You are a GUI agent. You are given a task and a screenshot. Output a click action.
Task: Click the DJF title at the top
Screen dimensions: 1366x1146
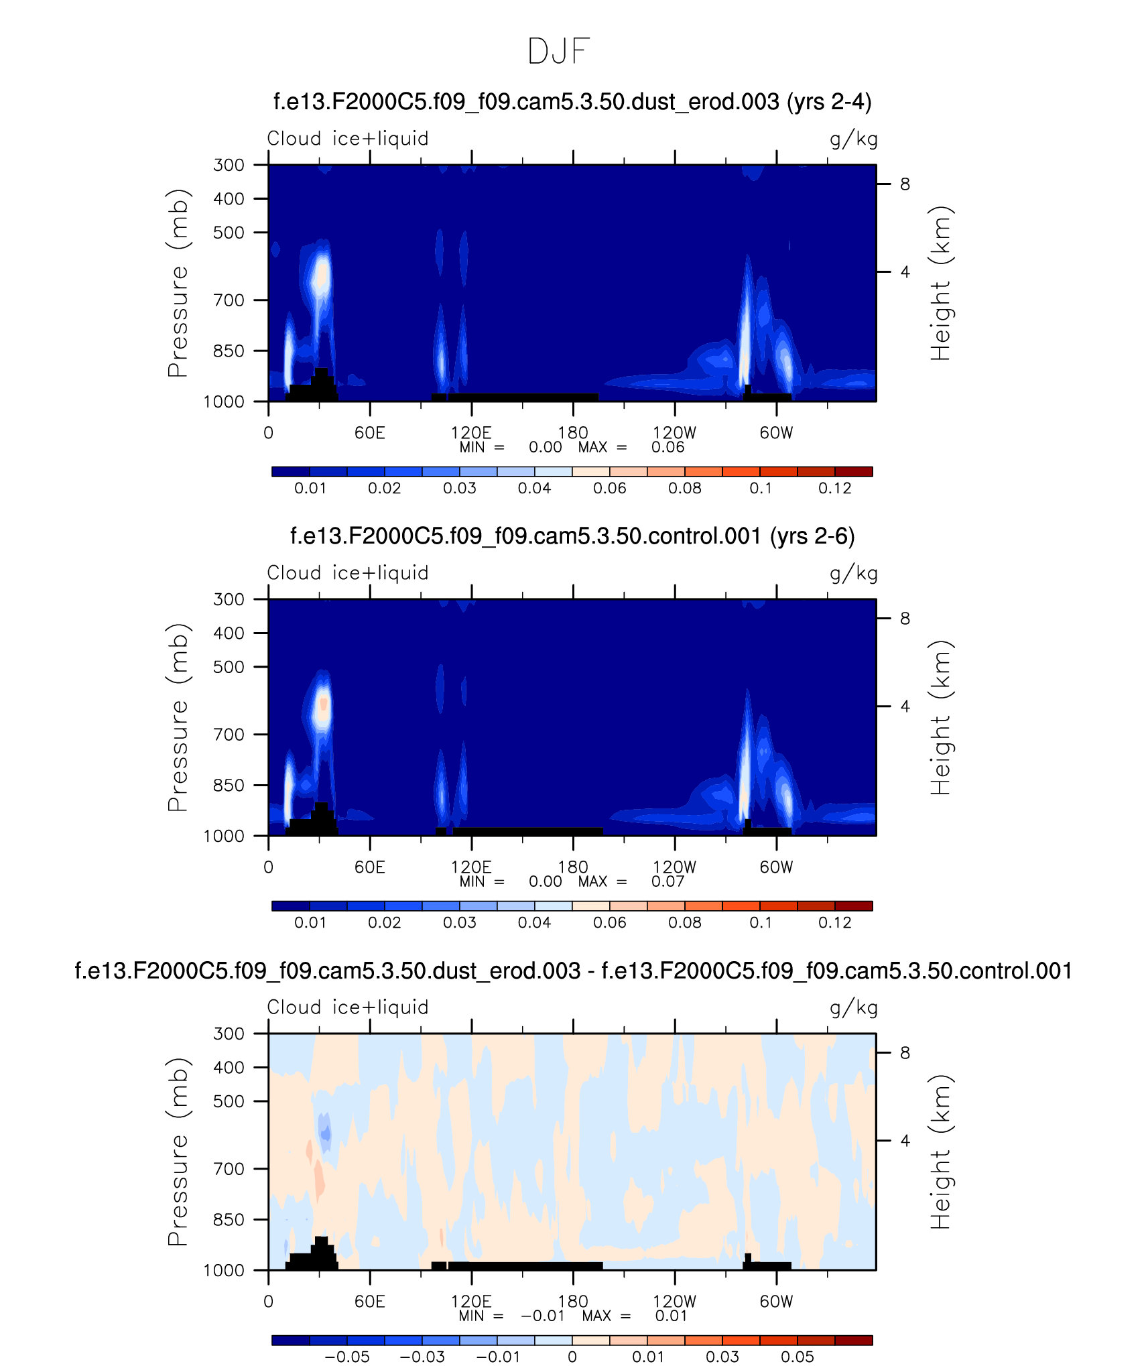coord(558,52)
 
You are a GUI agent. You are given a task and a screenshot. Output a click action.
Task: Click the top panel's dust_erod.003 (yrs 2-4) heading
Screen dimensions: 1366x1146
coord(572,102)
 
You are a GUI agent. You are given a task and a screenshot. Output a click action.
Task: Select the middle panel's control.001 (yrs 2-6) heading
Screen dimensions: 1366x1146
coord(572,536)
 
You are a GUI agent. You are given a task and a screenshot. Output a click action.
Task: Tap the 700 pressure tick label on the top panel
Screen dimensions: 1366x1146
coord(229,300)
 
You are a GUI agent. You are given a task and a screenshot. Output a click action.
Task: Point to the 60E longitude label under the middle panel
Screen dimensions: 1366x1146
coord(370,867)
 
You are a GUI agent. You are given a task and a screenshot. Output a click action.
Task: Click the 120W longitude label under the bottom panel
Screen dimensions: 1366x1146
coord(674,1302)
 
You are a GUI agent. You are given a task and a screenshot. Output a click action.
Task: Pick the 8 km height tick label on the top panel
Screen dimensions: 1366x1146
coord(905,184)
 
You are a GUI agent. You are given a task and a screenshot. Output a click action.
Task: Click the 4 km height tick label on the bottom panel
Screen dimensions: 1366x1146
coord(905,1141)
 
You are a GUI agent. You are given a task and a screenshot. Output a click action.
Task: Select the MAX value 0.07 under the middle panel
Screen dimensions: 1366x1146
coord(667,882)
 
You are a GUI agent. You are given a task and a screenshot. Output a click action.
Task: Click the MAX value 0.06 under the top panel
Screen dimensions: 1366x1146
coord(667,448)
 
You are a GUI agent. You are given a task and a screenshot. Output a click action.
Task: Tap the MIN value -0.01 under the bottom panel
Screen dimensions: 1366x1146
coord(543,1316)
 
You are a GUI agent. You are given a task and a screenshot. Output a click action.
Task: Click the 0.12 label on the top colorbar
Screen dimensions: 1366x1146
coord(834,489)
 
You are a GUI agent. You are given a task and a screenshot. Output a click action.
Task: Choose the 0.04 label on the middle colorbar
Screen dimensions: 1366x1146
coord(534,923)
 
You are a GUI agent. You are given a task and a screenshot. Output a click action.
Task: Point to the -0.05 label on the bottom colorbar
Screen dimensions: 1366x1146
coord(347,1357)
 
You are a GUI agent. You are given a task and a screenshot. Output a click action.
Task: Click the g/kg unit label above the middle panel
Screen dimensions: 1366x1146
coord(853,574)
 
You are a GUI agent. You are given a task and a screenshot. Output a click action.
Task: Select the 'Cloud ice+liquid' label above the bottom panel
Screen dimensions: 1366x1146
coord(348,1007)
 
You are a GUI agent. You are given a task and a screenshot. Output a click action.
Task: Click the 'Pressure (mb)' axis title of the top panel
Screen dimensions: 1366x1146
coord(178,283)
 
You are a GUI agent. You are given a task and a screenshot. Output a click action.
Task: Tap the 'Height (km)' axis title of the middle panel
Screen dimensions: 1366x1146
coord(941,717)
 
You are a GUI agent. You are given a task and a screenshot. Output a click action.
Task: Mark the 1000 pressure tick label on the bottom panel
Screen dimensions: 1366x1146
coord(224,1271)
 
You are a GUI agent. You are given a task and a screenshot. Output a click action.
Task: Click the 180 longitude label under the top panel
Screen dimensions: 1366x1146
coord(573,433)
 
